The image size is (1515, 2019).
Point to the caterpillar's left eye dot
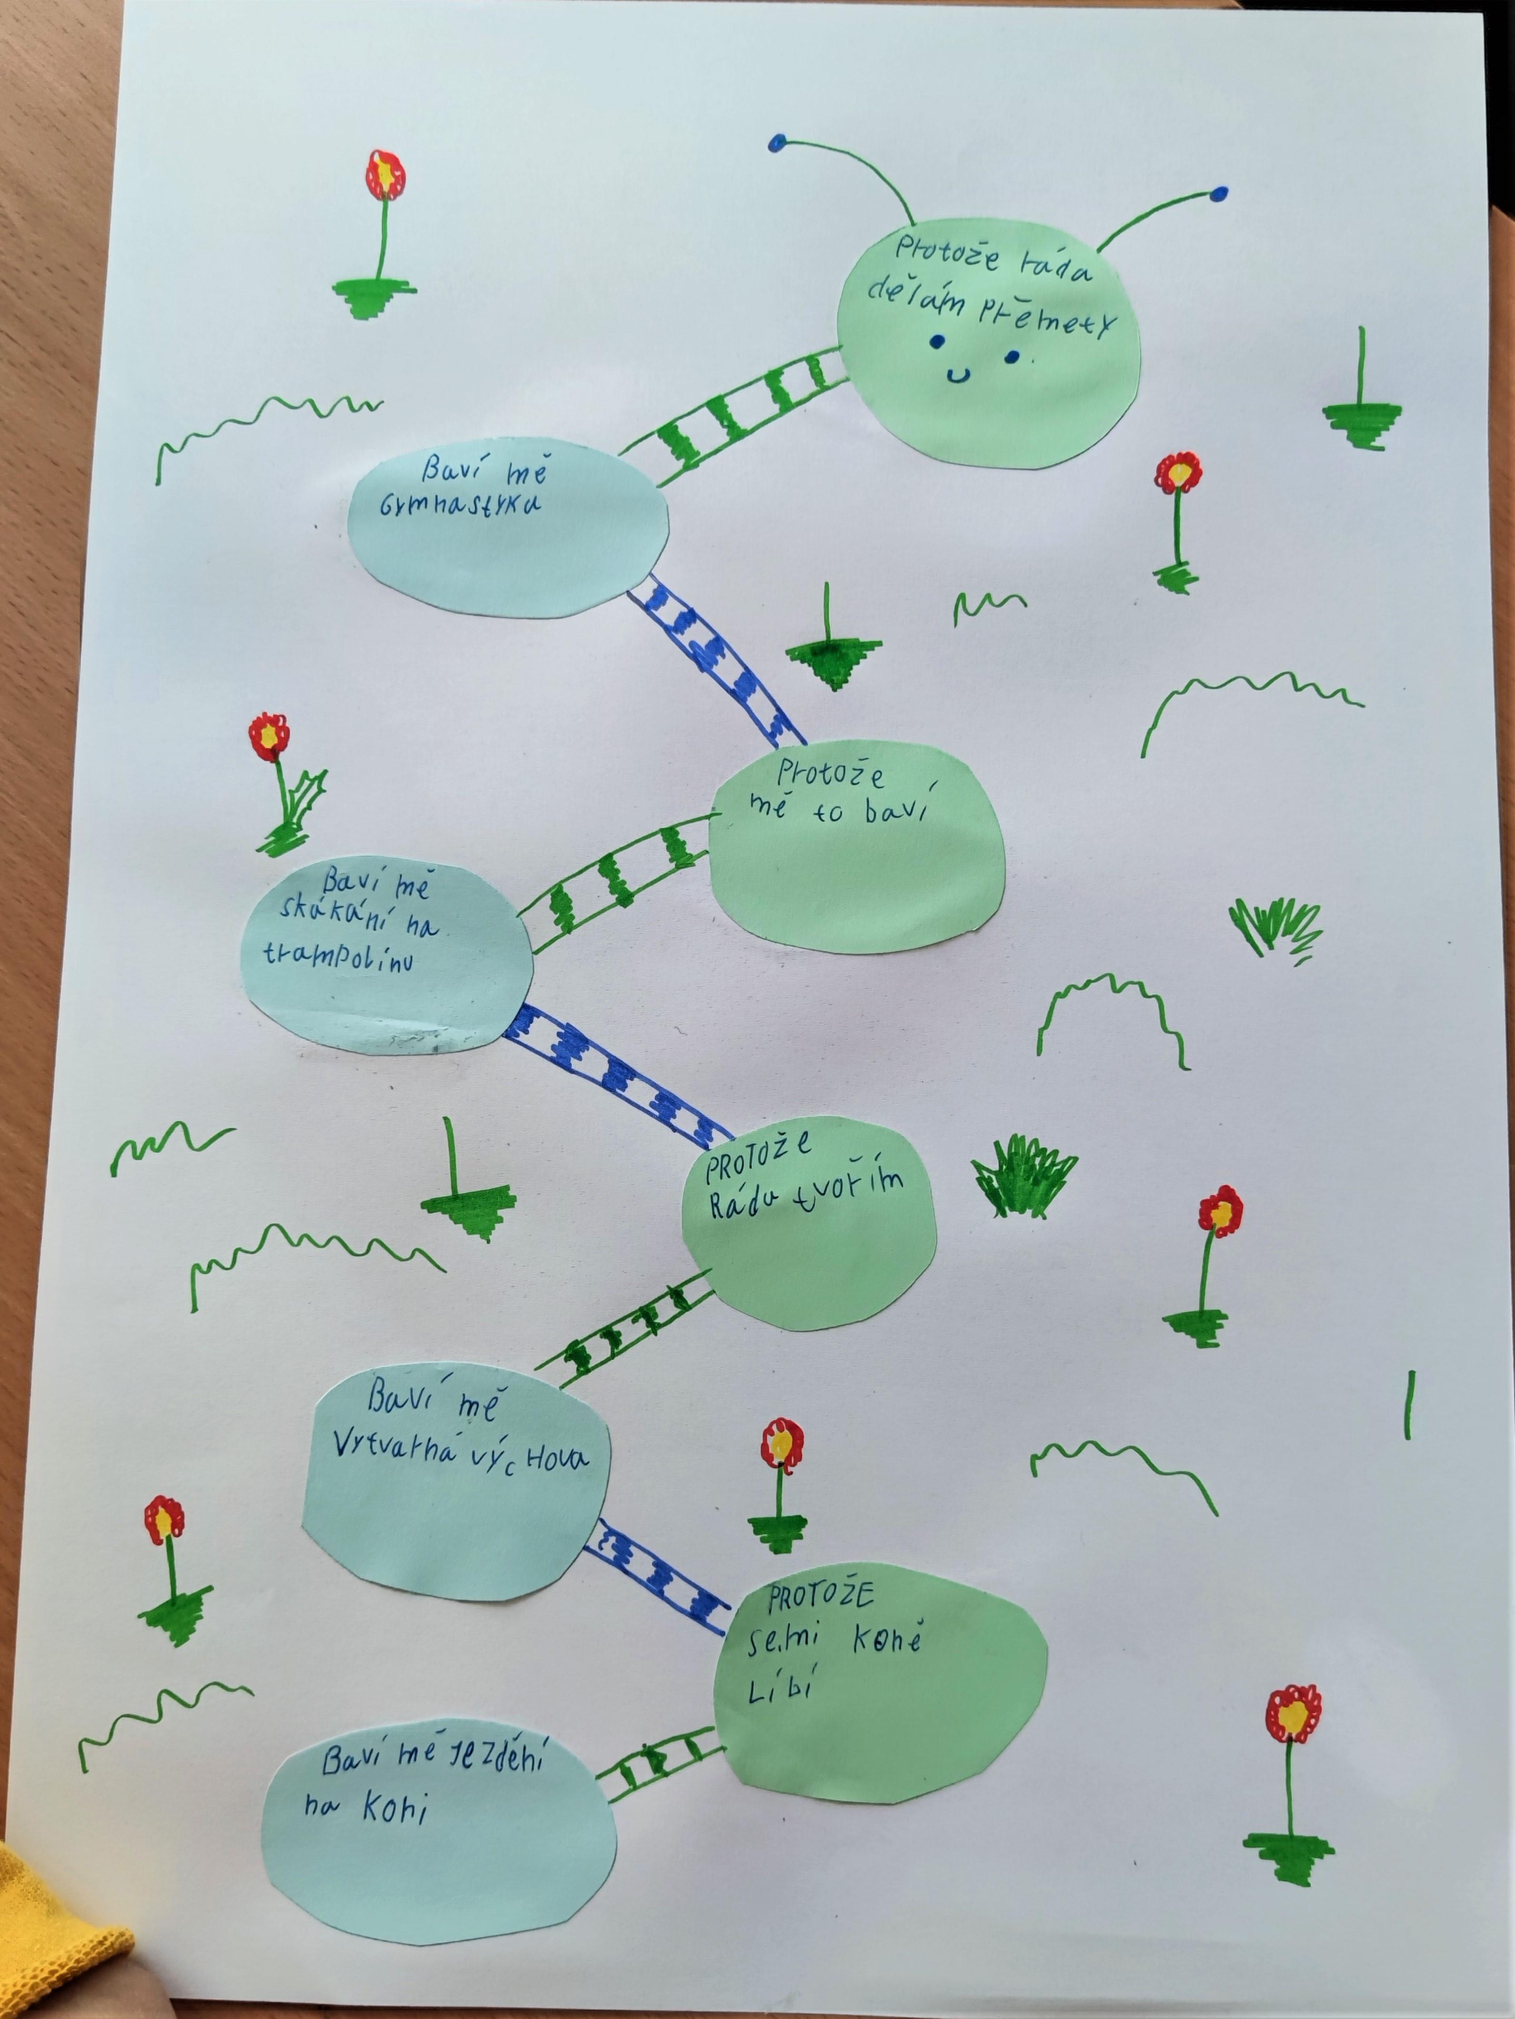pyautogui.click(x=937, y=342)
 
